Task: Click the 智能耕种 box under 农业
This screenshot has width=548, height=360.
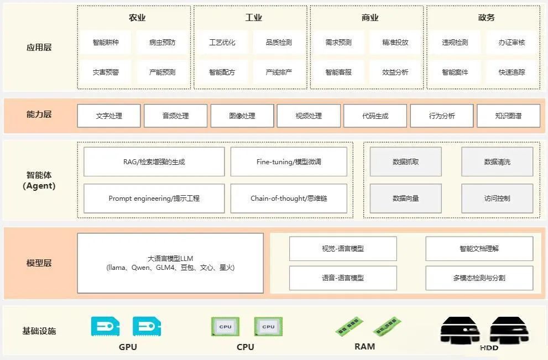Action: coord(106,43)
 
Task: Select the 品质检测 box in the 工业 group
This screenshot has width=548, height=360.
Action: coord(279,43)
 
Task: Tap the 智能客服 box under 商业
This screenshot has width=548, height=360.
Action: coord(338,72)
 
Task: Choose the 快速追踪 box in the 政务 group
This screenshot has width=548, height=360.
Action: coord(512,72)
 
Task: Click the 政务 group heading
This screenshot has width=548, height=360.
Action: coord(487,18)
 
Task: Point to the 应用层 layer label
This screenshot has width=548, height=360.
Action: coord(39,48)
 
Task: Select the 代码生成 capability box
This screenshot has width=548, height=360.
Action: coord(375,116)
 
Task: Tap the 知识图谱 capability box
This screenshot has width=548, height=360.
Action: coord(508,116)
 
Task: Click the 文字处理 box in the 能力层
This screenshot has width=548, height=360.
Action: coord(109,116)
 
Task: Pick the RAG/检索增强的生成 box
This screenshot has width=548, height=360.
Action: coord(154,162)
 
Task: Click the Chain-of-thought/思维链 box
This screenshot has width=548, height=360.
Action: coord(289,199)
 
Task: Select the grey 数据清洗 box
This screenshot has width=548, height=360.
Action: coord(497,162)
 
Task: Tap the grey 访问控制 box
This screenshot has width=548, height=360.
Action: coord(497,199)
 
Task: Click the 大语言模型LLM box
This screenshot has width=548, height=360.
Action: coord(170,263)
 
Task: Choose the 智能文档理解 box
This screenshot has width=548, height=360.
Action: coord(479,249)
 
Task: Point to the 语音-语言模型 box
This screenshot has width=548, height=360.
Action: coord(343,278)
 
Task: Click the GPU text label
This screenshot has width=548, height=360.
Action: coord(128,347)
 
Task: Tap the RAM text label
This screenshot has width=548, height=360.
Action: coord(364,347)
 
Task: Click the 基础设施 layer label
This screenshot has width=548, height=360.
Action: coord(39,331)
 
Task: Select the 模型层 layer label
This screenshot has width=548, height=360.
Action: coord(39,263)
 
